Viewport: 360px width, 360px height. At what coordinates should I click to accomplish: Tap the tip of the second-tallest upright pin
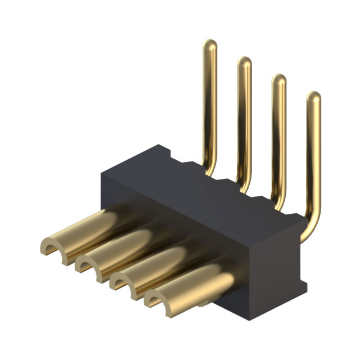244,62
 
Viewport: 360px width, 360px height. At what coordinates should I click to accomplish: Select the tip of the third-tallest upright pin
278,80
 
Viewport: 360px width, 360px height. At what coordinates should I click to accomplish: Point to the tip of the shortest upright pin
313,98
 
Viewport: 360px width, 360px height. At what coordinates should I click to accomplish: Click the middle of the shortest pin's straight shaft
313,163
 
